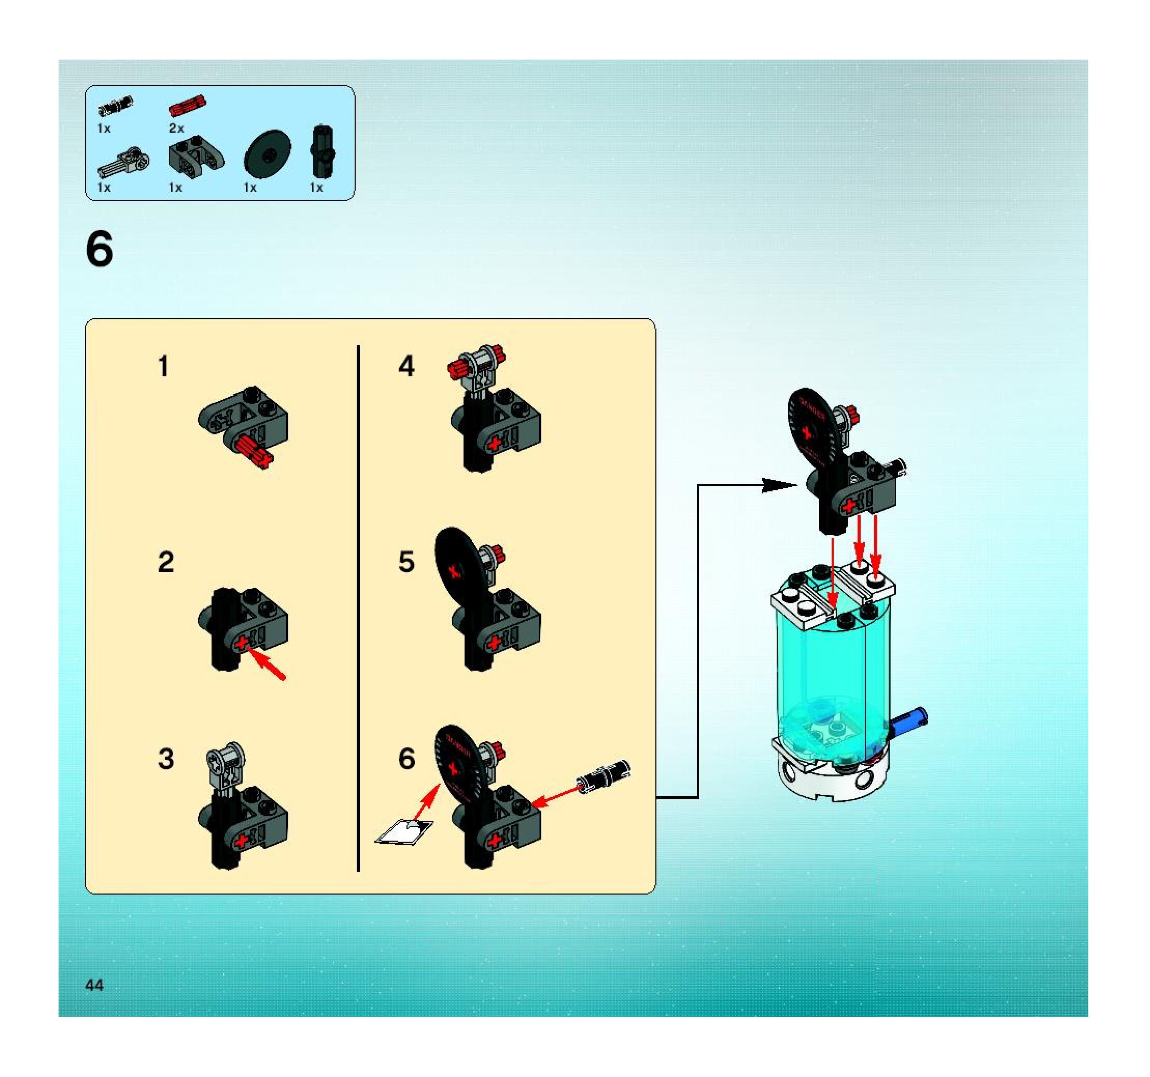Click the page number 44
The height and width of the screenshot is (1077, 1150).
click(x=94, y=985)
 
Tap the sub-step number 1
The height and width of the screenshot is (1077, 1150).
click(x=164, y=366)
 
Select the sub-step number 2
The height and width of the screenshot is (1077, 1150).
click(x=165, y=562)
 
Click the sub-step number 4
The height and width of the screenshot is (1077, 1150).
click(x=406, y=366)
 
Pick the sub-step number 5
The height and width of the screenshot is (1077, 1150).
click(x=406, y=562)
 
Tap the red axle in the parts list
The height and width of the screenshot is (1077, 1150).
click(x=187, y=106)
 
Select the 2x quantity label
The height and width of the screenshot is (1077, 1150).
click(x=176, y=129)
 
